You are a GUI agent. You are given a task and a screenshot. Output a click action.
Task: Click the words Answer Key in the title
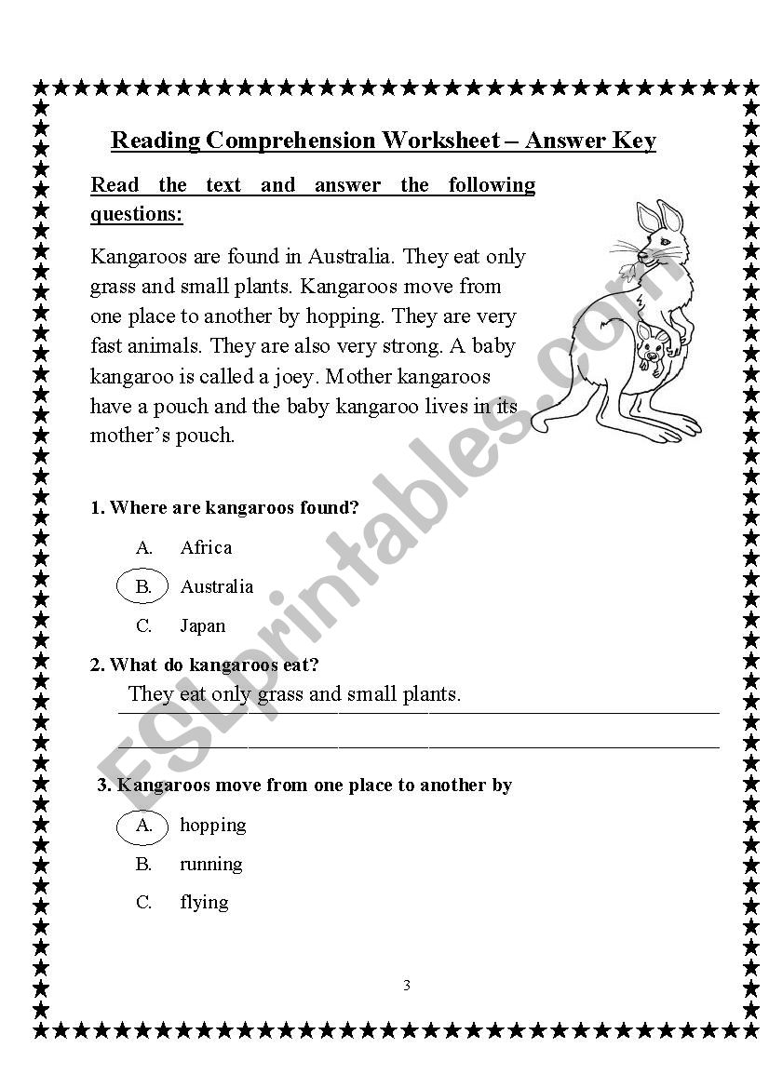point(590,141)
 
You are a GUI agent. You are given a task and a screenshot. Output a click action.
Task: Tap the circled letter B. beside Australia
point(143,586)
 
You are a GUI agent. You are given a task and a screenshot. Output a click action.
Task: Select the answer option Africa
point(206,547)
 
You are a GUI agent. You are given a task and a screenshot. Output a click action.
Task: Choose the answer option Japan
point(203,625)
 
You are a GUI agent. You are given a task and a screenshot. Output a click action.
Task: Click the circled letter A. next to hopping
point(143,825)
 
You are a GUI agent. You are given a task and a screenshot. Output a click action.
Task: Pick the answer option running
point(211,864)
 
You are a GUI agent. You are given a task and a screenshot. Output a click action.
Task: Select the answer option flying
point(204,902)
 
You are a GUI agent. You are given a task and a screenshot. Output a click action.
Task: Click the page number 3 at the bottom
point(407,986)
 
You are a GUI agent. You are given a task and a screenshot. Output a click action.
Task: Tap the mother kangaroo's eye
point(665,239)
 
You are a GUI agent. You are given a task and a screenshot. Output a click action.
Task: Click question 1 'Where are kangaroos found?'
point(224,507)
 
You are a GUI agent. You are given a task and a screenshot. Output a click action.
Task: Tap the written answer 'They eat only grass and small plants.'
point(294,693)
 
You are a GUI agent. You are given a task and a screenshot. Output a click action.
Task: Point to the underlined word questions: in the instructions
point(137,214)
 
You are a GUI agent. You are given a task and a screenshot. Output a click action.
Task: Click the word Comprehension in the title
point(291,141)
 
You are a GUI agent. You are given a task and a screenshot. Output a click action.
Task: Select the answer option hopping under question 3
point(213,825)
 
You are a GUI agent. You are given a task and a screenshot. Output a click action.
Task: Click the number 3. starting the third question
point(105,785)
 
